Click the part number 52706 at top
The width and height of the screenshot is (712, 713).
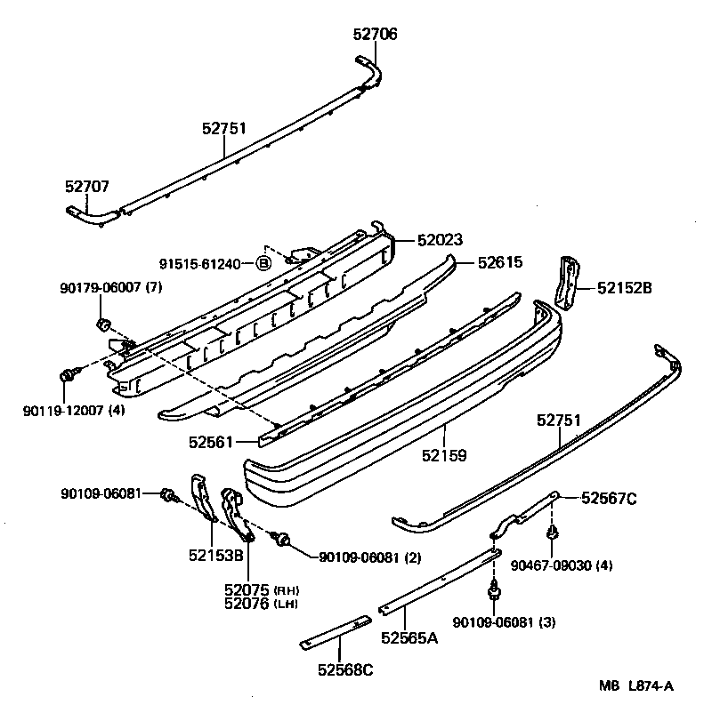(x=375, y=35)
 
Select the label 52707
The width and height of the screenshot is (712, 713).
(x=86, y=187)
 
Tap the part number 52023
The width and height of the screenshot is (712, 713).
(x=440, y=240)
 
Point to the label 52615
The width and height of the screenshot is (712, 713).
(x=499, y=262)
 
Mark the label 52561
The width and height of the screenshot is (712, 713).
(x=210, y=440)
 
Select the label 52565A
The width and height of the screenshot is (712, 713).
(x=409, y=637)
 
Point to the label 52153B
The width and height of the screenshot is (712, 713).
(x=215, y=556)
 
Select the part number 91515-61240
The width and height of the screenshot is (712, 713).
(x=201, y=263)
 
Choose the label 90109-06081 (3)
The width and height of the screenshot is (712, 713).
(x=504, y=621)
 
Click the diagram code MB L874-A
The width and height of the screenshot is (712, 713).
(x=635, y=685)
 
